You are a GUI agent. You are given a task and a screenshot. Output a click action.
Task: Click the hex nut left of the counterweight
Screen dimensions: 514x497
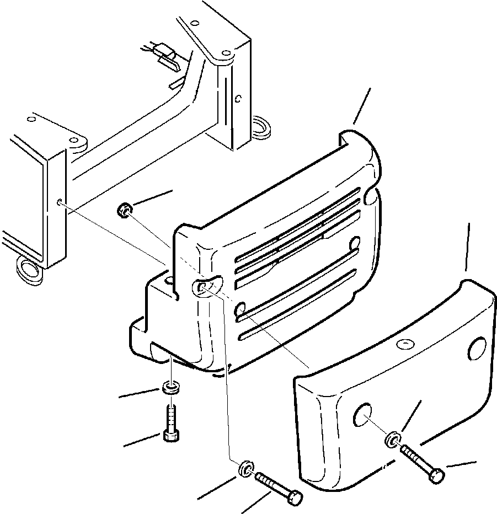(125, 210)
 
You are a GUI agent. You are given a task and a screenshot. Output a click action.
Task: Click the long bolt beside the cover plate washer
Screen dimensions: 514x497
(422, 462)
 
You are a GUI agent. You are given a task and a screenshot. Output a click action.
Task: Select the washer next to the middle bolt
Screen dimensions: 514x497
(245, 469)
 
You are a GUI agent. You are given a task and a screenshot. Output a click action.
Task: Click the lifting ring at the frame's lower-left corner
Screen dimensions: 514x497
(28, 268)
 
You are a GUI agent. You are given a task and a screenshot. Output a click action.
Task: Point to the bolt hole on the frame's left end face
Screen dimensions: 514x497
(59, 202)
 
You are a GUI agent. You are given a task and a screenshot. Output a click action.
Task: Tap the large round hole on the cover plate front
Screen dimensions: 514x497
(362, 415)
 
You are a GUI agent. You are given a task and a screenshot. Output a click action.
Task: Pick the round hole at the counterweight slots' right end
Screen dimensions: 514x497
(355, 241)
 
